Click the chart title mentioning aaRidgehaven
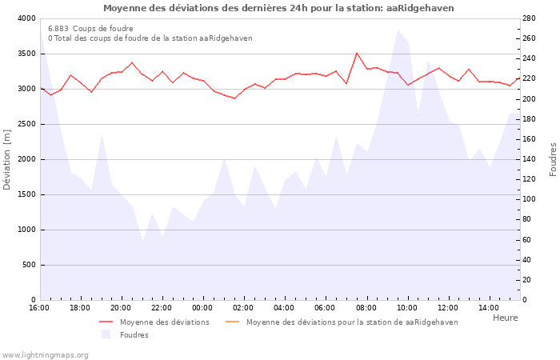pos(278,8)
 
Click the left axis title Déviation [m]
pos(7,159)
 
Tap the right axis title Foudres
pos(553,159)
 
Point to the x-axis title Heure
pos(505,318)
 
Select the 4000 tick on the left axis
pos(26,18)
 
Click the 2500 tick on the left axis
pos(26,124)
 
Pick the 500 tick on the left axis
pos(29,265)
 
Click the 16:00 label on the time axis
pos(39,308)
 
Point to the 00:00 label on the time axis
pos(202,308)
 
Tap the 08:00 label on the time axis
pos(366,308)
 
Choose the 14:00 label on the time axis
pos(489,308)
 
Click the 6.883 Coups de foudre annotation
pos(90,29)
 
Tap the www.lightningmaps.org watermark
pos(45,354)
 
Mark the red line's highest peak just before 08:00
pos(357,53)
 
